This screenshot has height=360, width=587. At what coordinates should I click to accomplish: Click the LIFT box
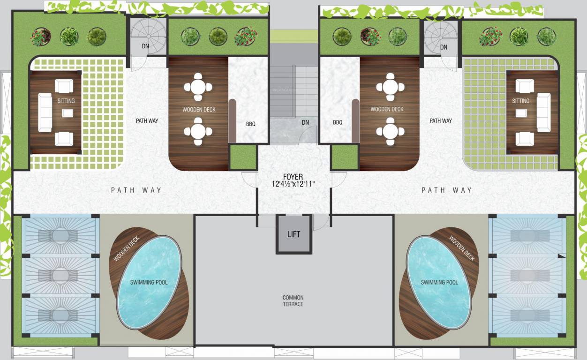(293, 234)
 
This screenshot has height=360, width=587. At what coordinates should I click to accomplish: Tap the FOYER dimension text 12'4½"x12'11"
(293, 184)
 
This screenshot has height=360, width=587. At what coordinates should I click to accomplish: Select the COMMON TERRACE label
(293, 301)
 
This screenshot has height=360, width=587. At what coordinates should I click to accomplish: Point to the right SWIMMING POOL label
(439, 282)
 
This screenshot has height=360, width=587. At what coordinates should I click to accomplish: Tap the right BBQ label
(338, 122)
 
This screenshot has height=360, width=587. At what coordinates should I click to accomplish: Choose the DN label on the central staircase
(305, 122)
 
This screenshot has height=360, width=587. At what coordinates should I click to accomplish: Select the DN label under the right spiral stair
(444, 47)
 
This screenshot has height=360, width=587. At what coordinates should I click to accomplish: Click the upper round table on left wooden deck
(198, 87)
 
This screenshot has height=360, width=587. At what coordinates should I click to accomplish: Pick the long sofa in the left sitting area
(45, 112)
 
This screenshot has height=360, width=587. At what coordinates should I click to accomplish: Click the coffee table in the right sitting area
(520, 112)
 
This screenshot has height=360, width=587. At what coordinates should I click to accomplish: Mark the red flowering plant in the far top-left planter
(41, 37)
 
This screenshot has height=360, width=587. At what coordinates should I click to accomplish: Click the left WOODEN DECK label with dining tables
(199, 110)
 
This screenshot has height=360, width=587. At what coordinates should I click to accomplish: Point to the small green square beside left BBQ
(243, 157)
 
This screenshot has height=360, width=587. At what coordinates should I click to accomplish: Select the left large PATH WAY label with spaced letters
(136, 190)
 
